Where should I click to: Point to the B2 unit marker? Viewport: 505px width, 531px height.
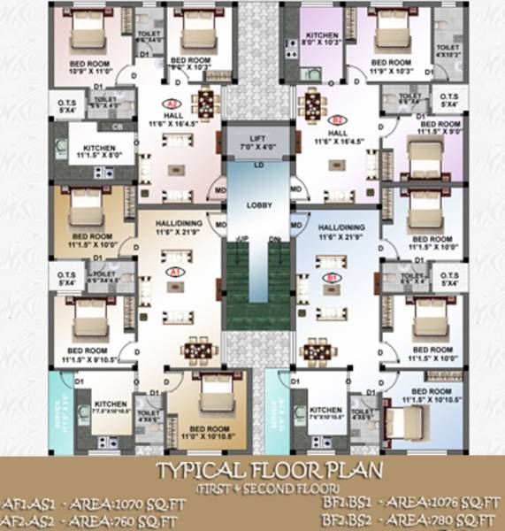[337, 119]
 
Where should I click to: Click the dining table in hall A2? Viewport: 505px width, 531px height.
[204, 102]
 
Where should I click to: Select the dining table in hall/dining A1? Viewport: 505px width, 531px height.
[197, 350]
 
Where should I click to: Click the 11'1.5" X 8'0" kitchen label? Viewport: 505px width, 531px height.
[101, 153]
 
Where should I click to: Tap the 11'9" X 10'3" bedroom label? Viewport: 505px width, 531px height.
[391, 67]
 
